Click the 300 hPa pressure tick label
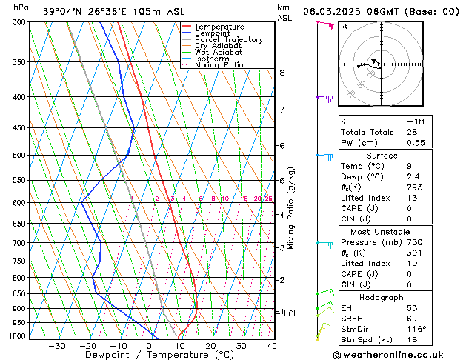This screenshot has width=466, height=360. point(19,22)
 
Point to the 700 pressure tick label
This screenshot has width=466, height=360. point(19,243)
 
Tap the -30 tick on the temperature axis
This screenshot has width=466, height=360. point(57,345)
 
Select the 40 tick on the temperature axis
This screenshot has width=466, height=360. point(272,345)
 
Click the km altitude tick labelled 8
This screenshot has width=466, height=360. point(282,73)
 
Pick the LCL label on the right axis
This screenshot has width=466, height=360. point(290,313)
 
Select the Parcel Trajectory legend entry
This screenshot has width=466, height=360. point(228,40)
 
